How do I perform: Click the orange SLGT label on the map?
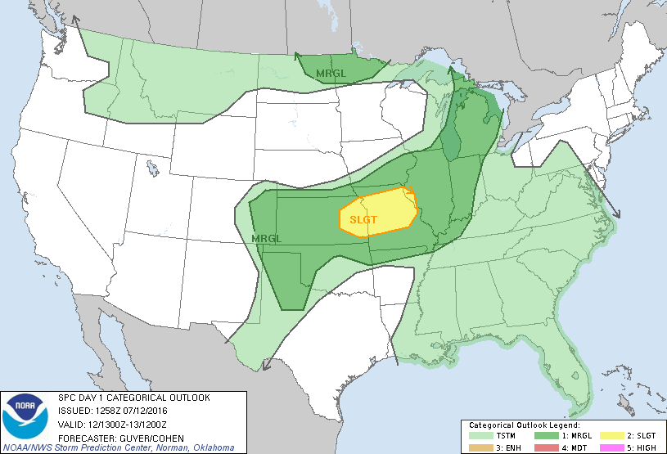pos(363,219)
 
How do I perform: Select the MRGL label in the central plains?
pos(267,238)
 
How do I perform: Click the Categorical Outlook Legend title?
pos(524,426)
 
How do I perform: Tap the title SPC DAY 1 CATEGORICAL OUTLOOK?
pos(133,398)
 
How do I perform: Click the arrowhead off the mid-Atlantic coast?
pos(617,215)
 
